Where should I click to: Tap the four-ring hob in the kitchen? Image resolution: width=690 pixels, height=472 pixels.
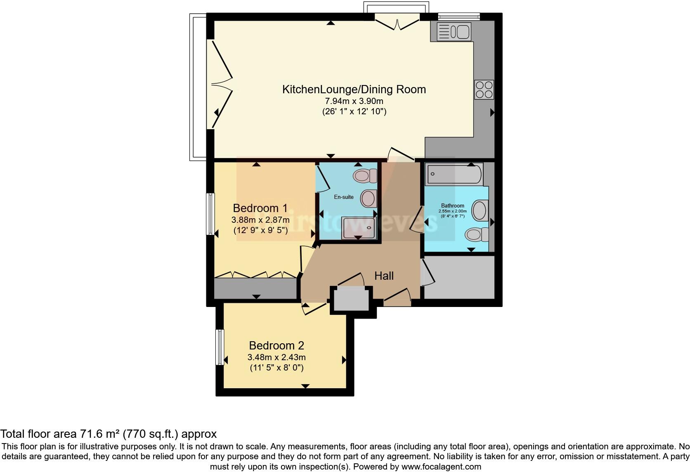[484, 89]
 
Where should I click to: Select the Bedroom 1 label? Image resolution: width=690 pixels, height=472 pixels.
[260, 208]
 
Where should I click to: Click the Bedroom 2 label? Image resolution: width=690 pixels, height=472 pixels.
[276, 345]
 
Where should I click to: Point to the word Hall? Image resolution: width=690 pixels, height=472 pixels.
[384, 276]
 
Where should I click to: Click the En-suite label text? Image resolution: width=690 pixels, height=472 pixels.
[343, 197]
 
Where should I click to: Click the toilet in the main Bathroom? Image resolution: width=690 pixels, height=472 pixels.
[477, 235]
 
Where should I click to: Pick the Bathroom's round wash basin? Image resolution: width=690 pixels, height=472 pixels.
[480, 210]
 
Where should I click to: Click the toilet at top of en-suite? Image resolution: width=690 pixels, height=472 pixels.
[365, 176]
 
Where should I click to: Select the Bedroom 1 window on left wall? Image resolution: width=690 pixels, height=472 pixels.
[210, 214]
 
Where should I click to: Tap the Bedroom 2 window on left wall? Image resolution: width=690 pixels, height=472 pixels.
[220, 347]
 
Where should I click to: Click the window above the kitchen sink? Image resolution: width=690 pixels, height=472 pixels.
[458, 17]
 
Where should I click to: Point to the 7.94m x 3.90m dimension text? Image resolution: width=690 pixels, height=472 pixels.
[354, 101]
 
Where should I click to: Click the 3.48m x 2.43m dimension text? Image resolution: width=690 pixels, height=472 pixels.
[276, 357]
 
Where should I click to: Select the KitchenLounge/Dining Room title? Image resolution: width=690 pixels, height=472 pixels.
[354, 89]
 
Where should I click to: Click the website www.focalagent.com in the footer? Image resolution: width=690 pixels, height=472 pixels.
[441, 467]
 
